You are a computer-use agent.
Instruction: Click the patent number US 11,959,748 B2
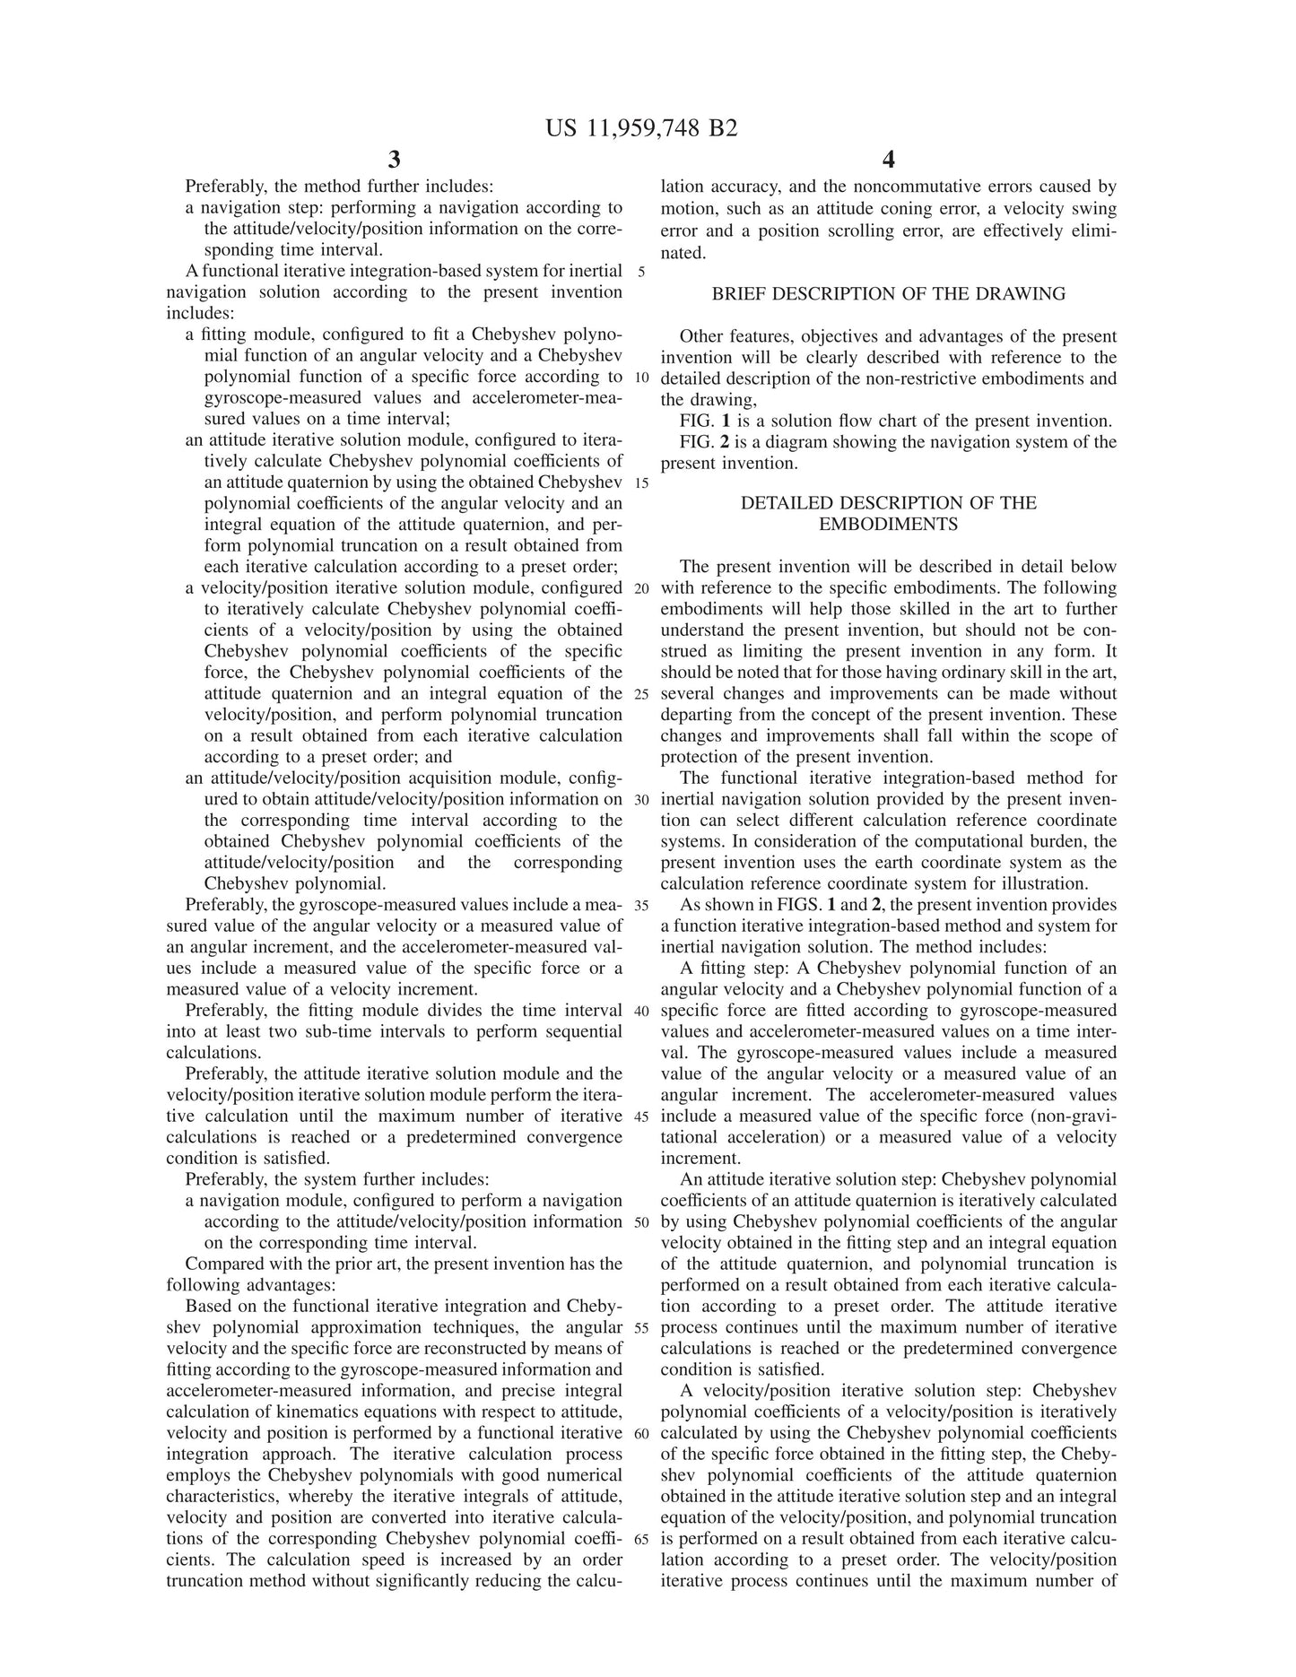tap(641, 129)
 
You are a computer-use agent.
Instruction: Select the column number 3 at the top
tap(394, 161)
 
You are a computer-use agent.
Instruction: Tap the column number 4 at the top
tap(888, 161)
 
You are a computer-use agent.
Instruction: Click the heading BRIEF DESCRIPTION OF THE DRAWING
tap(888, 294)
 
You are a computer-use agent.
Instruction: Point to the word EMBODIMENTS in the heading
tap(888, 525)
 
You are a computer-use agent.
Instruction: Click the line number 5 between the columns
tap(641, 273)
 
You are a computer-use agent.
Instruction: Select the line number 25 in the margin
tap(641, 694)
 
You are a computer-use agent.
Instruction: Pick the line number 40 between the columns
tap(641, 1011)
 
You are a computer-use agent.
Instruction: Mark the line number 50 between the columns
tap(641, 1222)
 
